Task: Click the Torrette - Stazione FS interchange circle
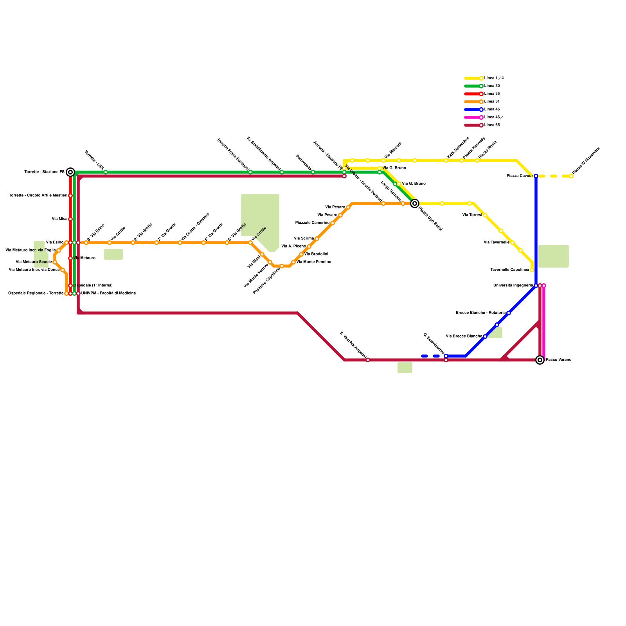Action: click(70, 172)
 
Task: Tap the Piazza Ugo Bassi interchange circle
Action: click(415, 203)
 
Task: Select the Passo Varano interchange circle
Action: click(540, 360)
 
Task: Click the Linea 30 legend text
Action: click(492, 86)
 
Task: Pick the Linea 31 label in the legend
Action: click(492, 102)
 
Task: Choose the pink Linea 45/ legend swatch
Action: click(473, 117)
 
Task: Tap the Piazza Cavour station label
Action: click(520, 176)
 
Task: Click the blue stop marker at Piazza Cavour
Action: click(536, 176)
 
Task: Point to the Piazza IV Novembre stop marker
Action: click(571, 176)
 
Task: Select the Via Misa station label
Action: click(59, 219)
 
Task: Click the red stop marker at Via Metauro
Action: click(70, 258)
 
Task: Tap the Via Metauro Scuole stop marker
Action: click(55, 262)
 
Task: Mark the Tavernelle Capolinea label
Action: click(509, 270)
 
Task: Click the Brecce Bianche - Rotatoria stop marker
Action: click(509, 313)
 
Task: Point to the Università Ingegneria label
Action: click(513, 286)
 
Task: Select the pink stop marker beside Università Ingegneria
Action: click(544, 286)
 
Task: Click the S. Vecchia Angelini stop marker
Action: click(368, 360)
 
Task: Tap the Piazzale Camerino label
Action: click(312, 223)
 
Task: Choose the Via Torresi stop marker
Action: click(485, 215)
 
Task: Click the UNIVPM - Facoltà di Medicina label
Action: click(108, 293)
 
